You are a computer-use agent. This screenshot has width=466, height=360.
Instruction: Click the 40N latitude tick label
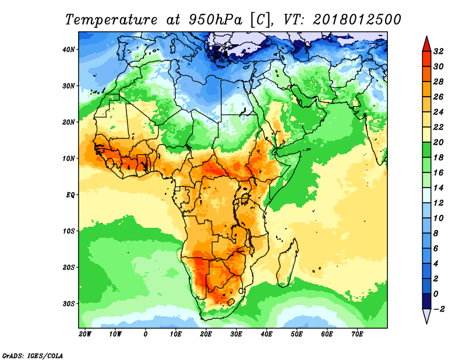(69, 50)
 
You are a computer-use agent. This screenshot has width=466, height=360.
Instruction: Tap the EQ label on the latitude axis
(70, 195)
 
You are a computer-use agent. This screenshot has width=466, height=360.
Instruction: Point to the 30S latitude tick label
(69, 304)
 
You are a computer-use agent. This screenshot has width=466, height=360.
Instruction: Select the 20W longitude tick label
(85, 334)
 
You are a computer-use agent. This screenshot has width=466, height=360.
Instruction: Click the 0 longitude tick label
(145, 334)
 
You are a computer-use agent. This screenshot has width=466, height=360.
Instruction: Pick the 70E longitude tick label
(357, 334)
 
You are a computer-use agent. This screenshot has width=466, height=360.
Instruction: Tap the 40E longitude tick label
(266, 334)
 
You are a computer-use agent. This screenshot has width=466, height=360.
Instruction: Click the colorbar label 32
(439, 51)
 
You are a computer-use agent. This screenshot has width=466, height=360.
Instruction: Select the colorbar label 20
(439, 142)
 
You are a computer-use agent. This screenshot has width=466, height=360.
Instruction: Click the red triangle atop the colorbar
(427, 44)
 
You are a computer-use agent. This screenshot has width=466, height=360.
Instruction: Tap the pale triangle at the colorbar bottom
(427, 316)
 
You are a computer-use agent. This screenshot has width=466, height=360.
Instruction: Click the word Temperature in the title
(111, 20)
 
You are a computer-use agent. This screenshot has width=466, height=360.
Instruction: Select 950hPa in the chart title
(216, 20)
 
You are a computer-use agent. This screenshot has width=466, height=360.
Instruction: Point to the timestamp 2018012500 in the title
(357, 20)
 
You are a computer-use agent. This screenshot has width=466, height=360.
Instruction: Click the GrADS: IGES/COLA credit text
(33, 356)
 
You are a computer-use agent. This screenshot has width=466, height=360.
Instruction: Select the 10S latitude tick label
(69, 231)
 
